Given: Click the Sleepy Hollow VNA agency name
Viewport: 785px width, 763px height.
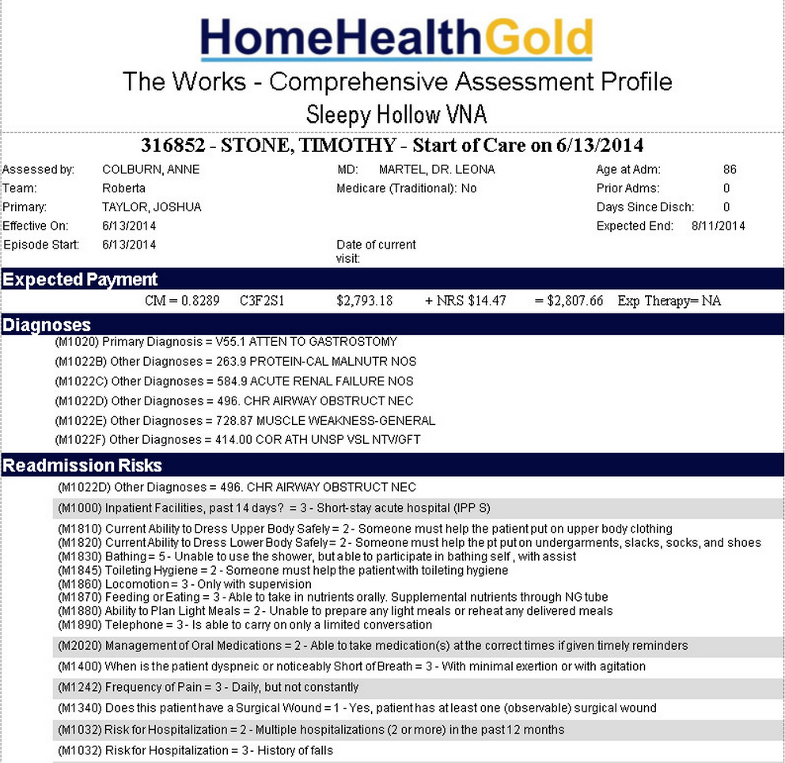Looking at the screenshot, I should tap(396, 116).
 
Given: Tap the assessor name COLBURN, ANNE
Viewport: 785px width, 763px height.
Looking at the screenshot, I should tap(150, 169).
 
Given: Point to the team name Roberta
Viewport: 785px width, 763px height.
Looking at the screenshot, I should tap(124, 188).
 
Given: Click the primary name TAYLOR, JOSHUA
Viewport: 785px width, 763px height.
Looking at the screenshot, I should tap(151, 207).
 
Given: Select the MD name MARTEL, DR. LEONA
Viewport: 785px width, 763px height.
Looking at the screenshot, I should tap(437, 169).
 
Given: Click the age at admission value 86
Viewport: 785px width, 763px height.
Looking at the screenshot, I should tap(730, 169).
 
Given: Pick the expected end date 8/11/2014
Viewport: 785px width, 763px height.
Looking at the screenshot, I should tap(718, 226).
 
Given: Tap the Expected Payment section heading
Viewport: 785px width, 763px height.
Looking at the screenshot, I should tap(80, 279).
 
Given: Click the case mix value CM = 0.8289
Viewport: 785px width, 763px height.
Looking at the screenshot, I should tap(181, 301).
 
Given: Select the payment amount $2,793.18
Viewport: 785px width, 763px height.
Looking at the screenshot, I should tap(364, 301).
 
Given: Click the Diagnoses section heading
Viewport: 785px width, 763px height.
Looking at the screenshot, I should tap(47, 325).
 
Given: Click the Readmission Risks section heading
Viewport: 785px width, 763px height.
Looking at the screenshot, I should tap(82, 465).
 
